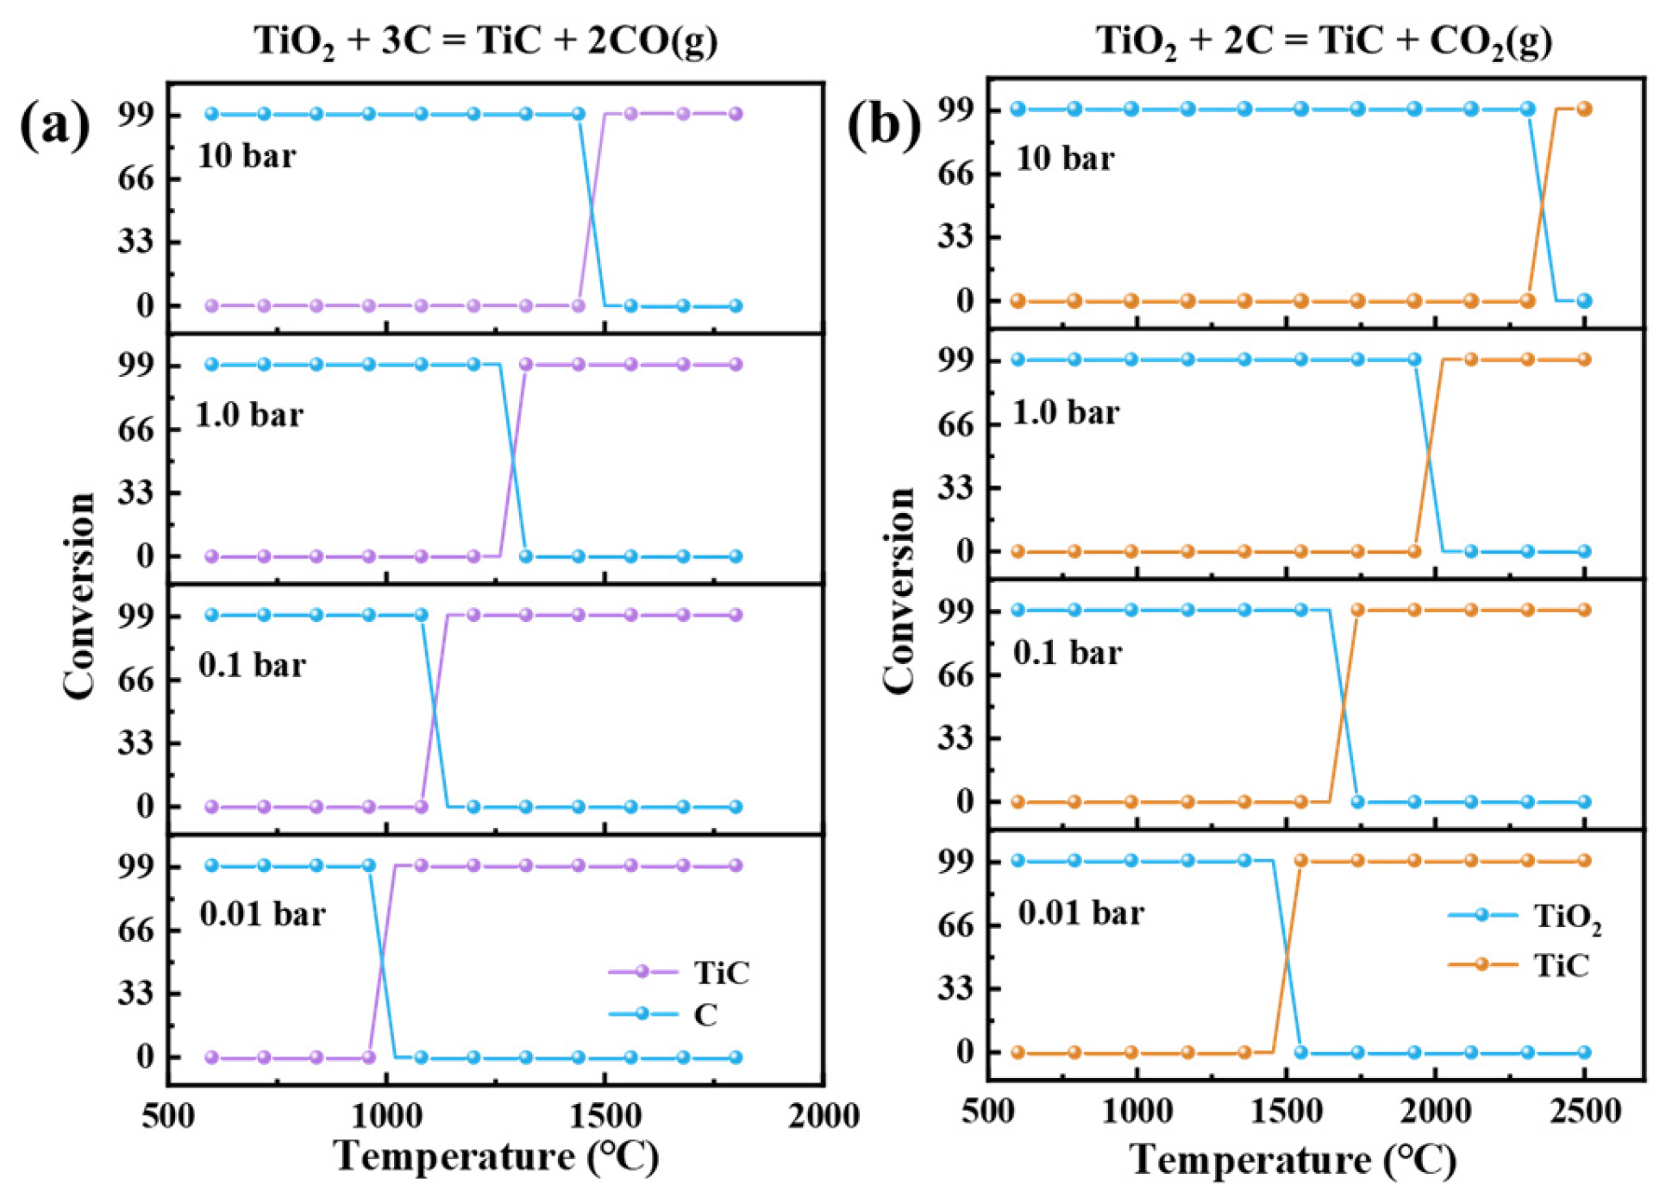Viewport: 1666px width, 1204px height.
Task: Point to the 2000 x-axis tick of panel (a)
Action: coord(824,1116)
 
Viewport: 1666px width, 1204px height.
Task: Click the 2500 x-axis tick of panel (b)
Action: coord(1585,1112)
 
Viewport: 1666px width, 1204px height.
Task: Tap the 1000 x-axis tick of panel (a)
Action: coord(386,1116)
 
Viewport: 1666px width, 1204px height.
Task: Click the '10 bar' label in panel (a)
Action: coord(247,156)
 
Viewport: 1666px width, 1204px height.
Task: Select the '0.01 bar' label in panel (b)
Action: coord(1080,912)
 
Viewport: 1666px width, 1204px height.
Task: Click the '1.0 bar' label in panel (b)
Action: coord(1066,412)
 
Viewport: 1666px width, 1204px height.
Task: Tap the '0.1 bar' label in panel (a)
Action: coord(252,665)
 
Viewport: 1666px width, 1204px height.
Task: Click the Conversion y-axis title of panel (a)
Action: coord(79,595)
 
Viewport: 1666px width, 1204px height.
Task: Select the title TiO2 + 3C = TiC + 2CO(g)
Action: coord(485,41)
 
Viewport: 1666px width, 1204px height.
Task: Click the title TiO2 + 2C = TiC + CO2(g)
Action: coord(1324,41)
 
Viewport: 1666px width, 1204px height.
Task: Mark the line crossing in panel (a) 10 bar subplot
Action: coord(592,209)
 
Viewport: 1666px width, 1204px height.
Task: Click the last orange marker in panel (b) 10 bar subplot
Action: coord(1585,110)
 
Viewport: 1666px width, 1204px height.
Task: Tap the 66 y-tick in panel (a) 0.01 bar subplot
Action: coord(135,931)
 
